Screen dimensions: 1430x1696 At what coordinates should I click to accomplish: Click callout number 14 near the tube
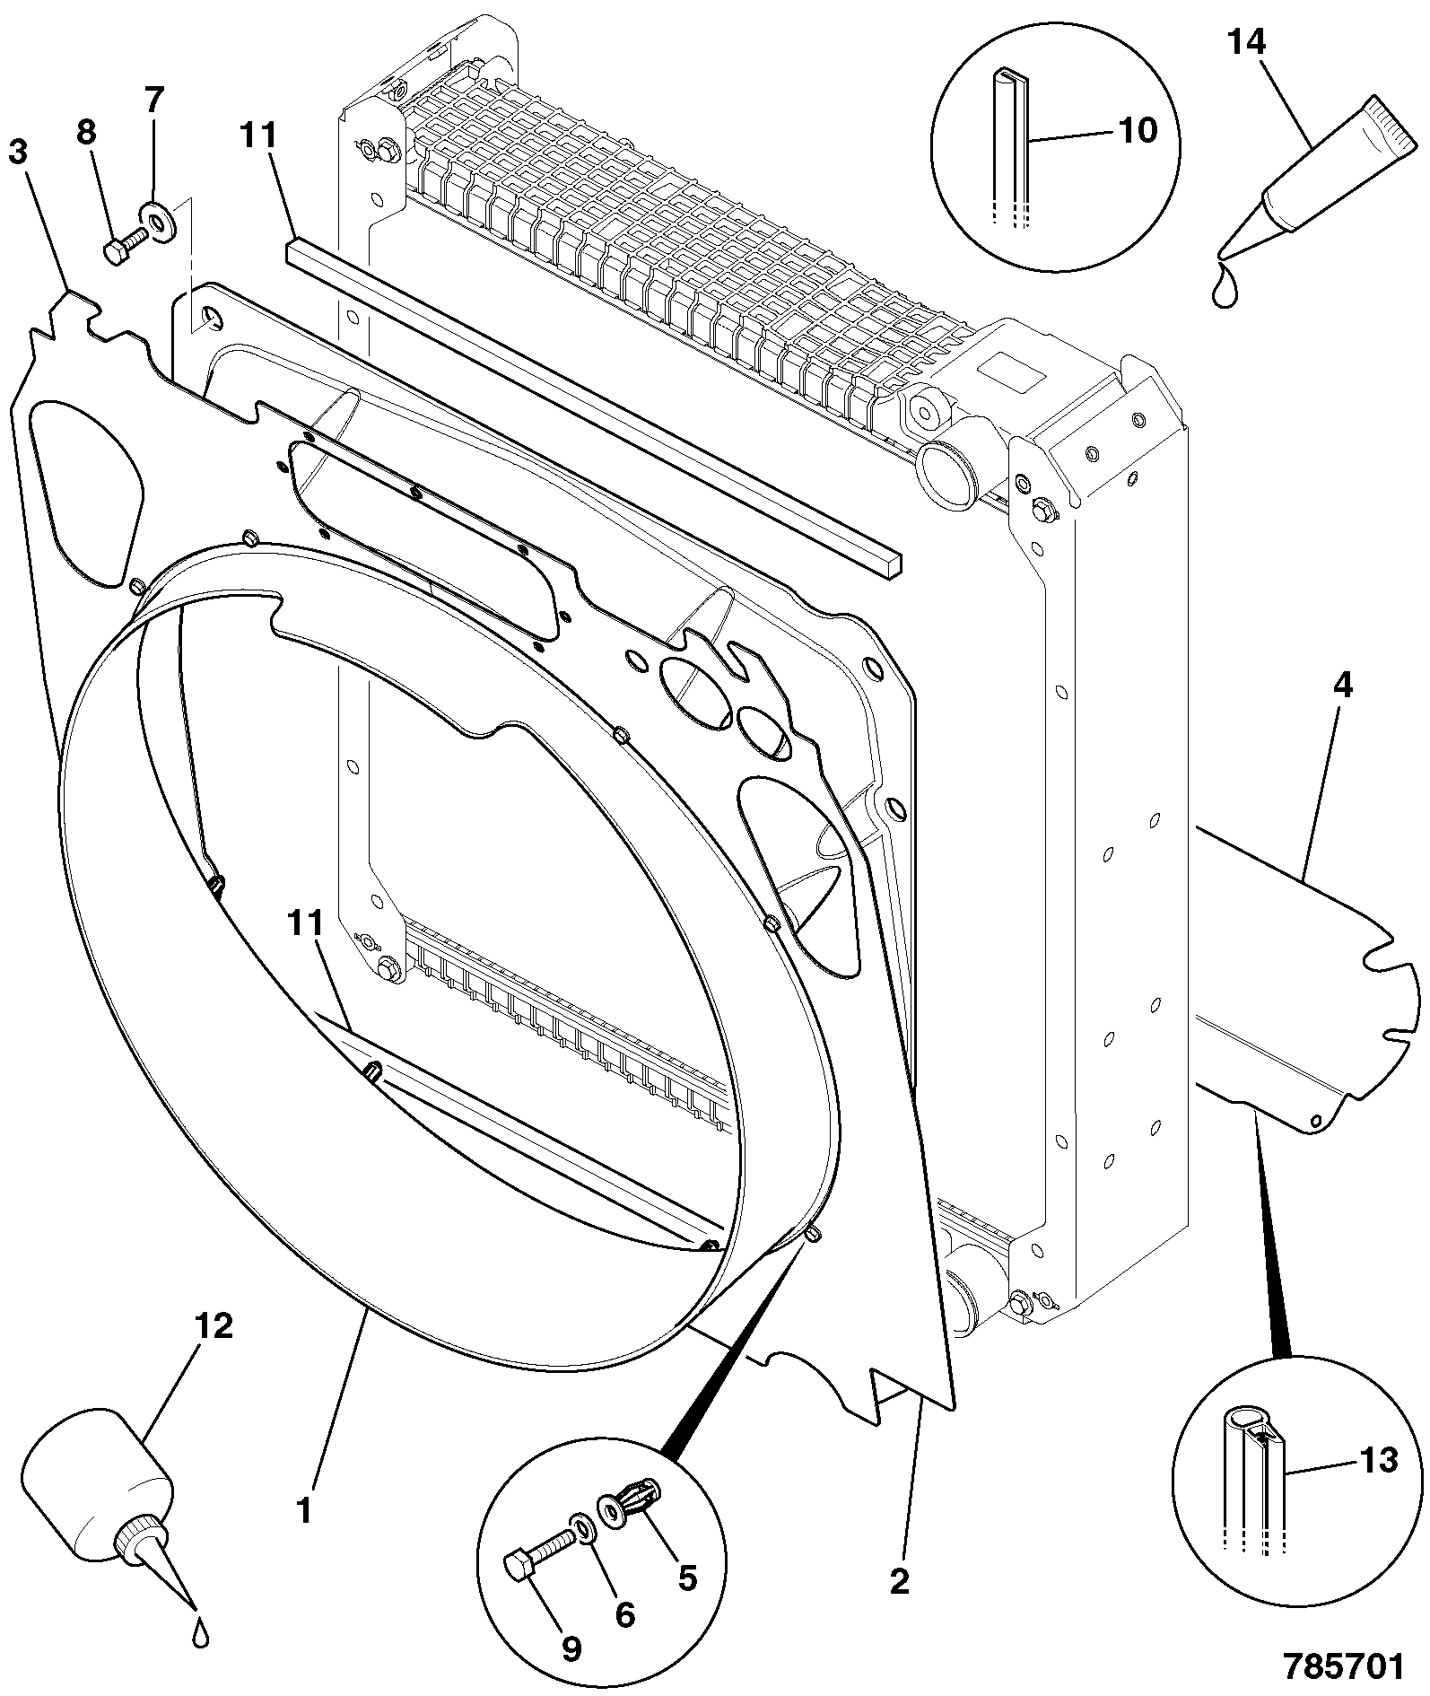[x=1247, y=43]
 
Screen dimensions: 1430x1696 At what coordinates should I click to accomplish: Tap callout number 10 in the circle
[x=1138, y=131]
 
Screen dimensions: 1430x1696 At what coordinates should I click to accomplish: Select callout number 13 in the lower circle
[x=1378, y=1460]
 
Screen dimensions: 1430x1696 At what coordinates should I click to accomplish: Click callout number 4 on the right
[x=1342, y=687]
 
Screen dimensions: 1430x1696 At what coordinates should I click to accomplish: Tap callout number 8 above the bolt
[x=85, y=133]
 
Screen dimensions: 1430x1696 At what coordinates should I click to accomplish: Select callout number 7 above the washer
[x=154, y=101]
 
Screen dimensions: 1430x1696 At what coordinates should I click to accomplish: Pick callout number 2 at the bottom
[x=900, y=1581]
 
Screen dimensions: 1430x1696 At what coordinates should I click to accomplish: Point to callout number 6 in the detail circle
[x=624, y=1615]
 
